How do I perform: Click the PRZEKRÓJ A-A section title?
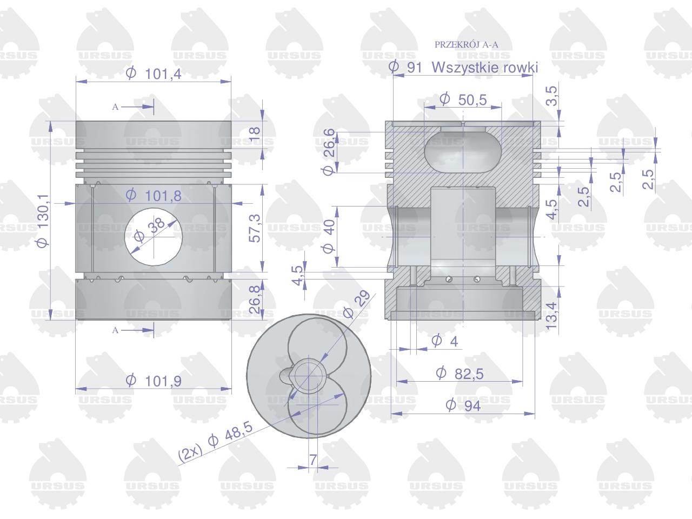pyautogui.click(x=466, y=45)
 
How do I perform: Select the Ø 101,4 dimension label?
pyautogui.click(x=154, y=74)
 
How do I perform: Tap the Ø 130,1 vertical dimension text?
pyautogui.click(x=43, y=221)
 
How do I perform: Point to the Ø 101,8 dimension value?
pyautogui.click(x=154, y=196)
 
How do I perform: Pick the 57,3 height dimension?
pyautogui.click(x=255, y=228)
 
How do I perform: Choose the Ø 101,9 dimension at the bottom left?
pyautogui.click(x=154, y=381)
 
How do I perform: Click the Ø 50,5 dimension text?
pyautogui.click(x=463, y=99)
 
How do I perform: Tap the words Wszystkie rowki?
pyautogui.click(x=485, y=67)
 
